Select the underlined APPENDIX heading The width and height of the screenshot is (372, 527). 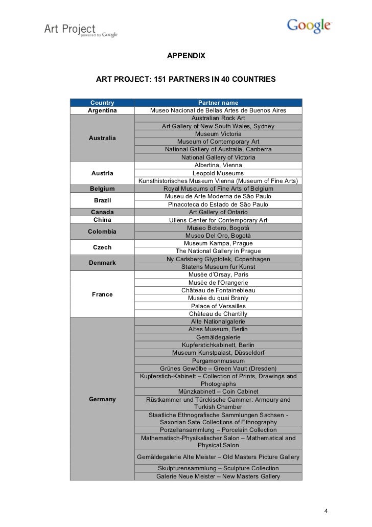(186, 55)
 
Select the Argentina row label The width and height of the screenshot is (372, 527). (102, 111)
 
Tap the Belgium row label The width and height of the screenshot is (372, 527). (102, 189)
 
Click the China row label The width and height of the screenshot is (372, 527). (102, 220)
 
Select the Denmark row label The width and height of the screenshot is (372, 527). (102, 263)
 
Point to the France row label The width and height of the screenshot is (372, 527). (102, 294)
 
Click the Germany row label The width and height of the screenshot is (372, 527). (102, 399)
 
